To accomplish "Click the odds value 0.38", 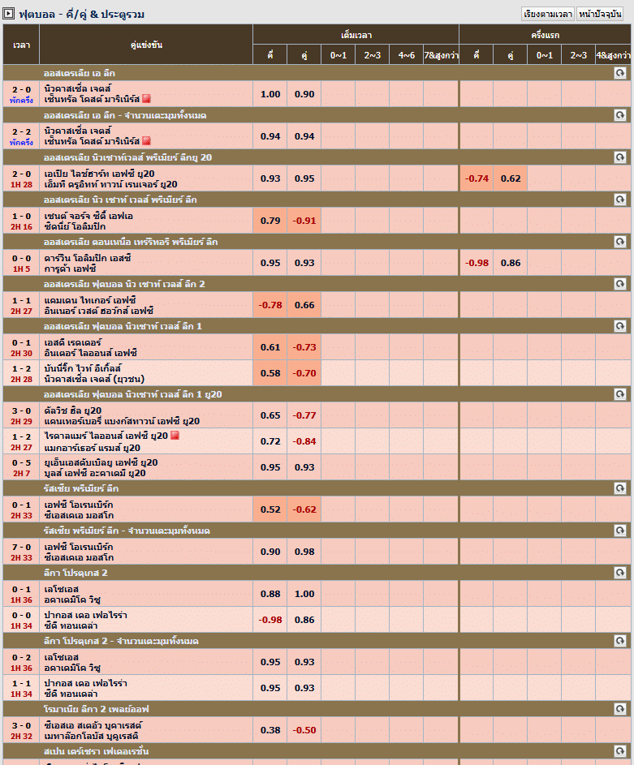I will [x=270, y=729].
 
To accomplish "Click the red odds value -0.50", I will [x=304, y=729].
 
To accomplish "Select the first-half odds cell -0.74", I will [x=477, y=178].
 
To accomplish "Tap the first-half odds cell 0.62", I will [x=511, y=178].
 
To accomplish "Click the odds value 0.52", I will [x=270, y=509].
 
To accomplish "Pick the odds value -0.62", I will [x=304, y=509].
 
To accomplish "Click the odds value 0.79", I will [x=270, y=220].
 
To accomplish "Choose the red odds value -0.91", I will [x=304, y=220].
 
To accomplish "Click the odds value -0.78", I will [x=270, y=304].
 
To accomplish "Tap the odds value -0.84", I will [x=304, y=441].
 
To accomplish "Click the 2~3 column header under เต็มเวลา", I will [x=373, y=55].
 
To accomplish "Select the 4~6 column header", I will [x=407, y=55].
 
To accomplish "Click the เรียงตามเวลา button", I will [x=548, y=14].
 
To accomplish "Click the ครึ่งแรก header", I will [x=545, y=35].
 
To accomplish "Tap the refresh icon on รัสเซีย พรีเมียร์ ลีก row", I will [x=620, y=488].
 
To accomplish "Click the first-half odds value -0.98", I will [x=477, y=262].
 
